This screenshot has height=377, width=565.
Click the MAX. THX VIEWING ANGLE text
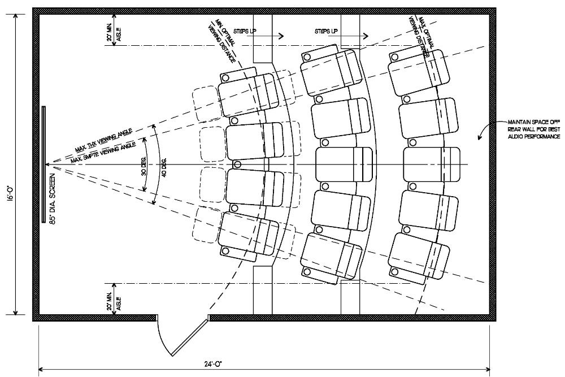pos(104,140)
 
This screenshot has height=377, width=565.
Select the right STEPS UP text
pos(327,32)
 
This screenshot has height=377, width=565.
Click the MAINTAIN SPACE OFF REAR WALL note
pos(533,129)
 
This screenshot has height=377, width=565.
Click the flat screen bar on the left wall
pos(44,164)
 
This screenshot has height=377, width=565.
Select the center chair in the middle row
pos(344,164)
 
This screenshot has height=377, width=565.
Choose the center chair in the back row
pos(431,164)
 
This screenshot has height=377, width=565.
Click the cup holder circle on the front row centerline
pos(237,164)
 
